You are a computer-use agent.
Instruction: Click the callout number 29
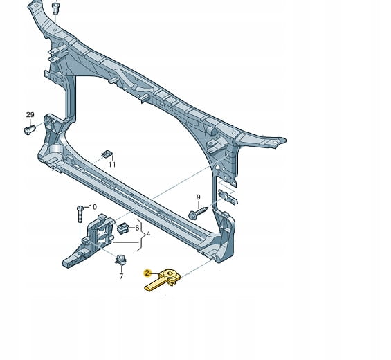30,115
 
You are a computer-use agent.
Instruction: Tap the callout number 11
112,165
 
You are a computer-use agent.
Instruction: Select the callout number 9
198,197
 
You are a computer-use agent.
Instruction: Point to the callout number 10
93,207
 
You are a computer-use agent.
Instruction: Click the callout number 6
137,228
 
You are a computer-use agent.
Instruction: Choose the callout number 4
148,234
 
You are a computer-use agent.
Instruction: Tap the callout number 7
121,276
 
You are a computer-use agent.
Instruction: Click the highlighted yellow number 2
147,273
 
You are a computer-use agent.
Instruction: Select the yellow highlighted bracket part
163,280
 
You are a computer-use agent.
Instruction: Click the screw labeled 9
198,213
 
